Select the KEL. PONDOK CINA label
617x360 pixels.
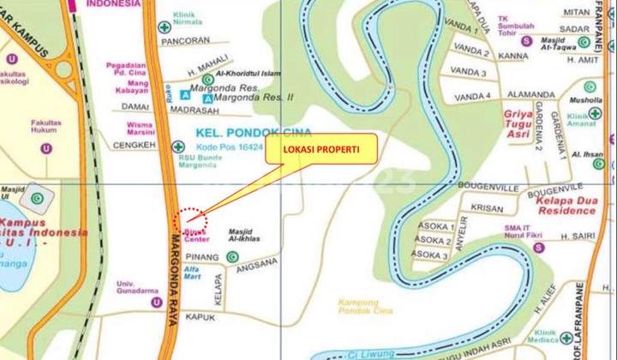(x=241, y=134)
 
